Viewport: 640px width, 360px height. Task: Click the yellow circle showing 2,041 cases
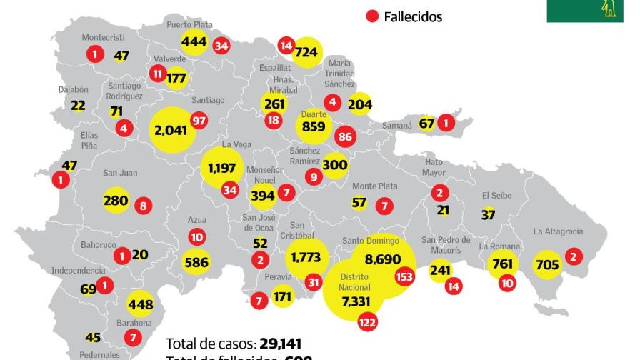(172, 130)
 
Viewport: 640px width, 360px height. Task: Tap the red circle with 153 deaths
(404, 277)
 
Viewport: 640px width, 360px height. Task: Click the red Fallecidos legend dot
(372, 16)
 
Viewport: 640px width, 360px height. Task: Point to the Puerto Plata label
(189, 24)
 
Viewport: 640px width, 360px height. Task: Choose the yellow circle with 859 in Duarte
(314, 127)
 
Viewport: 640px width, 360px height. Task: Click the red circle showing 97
(199, 121)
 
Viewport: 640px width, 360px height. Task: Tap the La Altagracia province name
(558, 231)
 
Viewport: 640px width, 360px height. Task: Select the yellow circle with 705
(547, 266)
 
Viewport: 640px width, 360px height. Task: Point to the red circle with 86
(346, 136)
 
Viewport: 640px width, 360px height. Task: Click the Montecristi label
(103, 37)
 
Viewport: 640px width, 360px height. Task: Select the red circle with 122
(368, 322)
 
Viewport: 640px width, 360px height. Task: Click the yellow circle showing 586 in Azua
(196, 262)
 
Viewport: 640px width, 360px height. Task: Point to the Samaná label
(397, 126)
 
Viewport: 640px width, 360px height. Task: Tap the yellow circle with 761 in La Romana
(503, 264)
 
